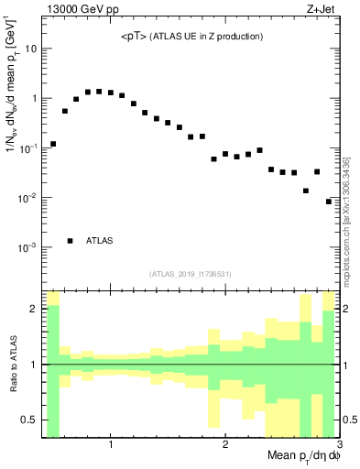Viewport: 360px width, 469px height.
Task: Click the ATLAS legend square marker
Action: pyautogui.click(x=71, y=241)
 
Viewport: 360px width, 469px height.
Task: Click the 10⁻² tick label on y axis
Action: pyautogui.click(x=29, y=198)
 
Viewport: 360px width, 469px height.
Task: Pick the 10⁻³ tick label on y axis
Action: pyautogui.click(x=29, y=248)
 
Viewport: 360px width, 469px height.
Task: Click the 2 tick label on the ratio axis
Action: pyautogui.click(x=35, y=309)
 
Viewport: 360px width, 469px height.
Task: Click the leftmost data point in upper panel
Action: pyautogui.click(x=53, y=144)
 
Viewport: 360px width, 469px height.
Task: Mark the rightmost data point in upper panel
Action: pyautogui.click(x=329, y=202)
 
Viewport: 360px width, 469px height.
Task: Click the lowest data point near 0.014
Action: pyautogui.click(x=306, y=191)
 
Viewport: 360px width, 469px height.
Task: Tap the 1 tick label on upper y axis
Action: pyautogui.click(x=35, y=98)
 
